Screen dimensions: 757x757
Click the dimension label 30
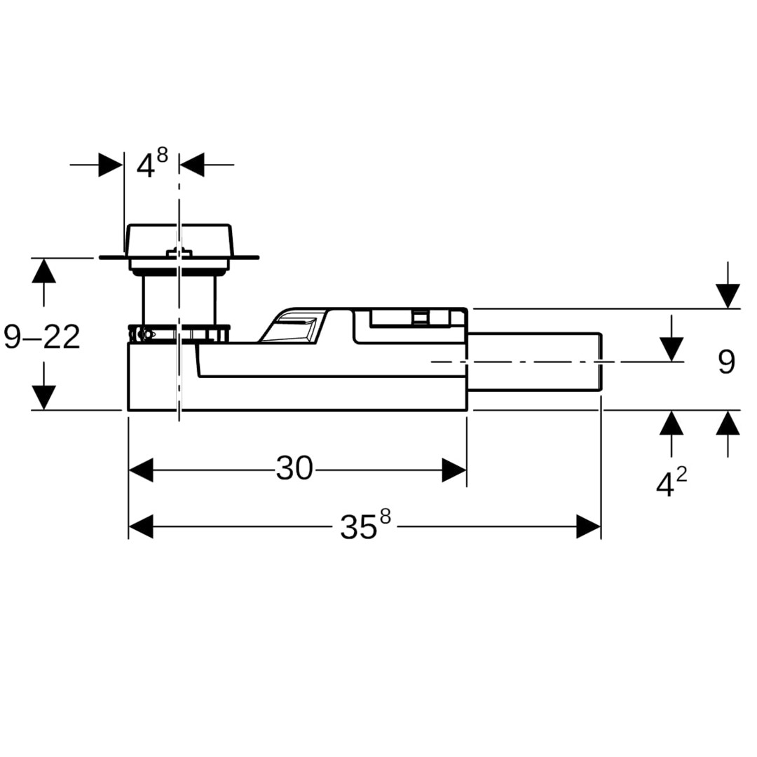pos(294,468)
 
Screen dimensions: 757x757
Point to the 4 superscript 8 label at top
pos(152,163)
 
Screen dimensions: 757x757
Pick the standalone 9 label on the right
pos(726,362)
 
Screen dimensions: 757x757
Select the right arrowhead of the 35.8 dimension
pos(589,526)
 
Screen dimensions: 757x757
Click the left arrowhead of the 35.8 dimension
pos(140,526)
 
